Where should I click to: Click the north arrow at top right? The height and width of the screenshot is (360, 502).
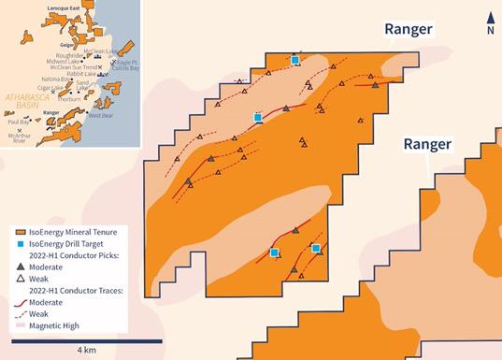490,22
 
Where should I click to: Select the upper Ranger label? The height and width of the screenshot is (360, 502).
409,29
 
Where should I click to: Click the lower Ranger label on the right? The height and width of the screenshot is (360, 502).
427,145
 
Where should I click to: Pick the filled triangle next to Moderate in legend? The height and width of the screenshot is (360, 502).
19,266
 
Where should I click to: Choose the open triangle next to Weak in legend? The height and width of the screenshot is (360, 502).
19,279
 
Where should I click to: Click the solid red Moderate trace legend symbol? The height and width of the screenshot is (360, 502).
19,302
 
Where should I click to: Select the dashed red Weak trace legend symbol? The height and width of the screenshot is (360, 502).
19,314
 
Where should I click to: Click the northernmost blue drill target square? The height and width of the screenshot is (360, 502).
294,60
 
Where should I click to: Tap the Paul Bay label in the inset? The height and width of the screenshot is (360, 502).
17,122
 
